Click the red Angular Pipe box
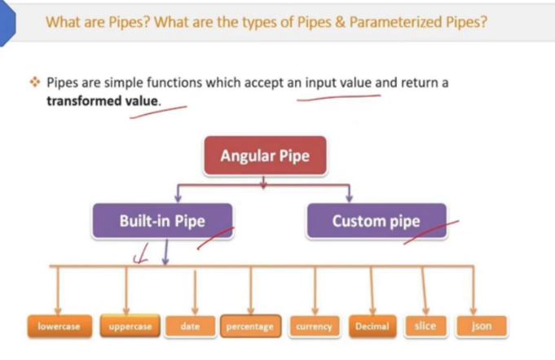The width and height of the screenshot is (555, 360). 265,156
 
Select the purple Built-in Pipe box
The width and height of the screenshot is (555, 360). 162,221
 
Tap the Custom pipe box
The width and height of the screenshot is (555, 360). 377,221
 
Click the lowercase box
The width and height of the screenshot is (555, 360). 59,326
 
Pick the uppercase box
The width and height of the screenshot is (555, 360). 130,326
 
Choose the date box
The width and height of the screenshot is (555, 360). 190,326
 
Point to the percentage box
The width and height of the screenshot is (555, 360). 250,326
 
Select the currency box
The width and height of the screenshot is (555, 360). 315,326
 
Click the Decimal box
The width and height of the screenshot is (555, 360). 372,326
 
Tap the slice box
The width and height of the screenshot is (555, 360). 425,326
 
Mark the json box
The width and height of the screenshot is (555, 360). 482,326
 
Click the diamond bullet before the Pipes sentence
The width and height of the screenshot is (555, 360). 35,82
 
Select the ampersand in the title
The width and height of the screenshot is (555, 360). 340,22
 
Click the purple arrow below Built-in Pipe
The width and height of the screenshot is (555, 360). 165,252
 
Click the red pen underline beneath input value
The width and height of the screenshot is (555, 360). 339,97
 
